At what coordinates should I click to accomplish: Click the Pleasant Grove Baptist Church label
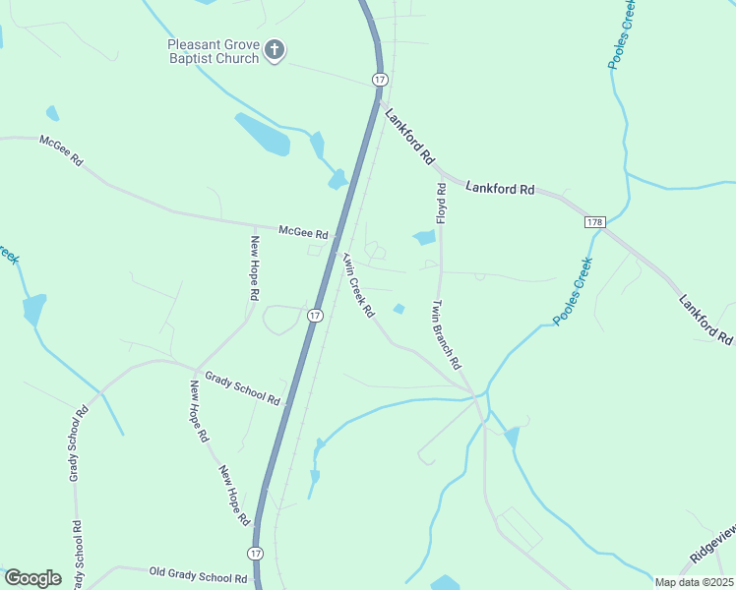(213, 51)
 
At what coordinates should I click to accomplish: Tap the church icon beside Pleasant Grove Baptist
(276, 50)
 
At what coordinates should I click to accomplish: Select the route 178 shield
(594, 222)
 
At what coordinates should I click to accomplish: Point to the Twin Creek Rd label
(358, 285)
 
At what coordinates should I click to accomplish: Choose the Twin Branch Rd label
(446, 334)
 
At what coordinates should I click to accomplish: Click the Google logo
(32, 578)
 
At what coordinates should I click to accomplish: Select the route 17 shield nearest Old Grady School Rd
(255, 554)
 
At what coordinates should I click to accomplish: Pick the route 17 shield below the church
(379, 78)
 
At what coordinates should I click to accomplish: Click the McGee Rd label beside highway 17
(302, 232)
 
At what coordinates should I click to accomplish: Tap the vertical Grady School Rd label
(75, 453)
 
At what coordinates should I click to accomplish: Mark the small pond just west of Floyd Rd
(424, 238)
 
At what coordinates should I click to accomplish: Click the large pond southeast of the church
(263, 135)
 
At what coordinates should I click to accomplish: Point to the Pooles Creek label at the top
(622, 35)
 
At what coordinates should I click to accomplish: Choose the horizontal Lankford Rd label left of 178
(499, 187)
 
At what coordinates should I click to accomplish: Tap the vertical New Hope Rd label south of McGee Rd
(255, 267)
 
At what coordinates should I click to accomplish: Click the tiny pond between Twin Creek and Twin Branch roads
(399, 309)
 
